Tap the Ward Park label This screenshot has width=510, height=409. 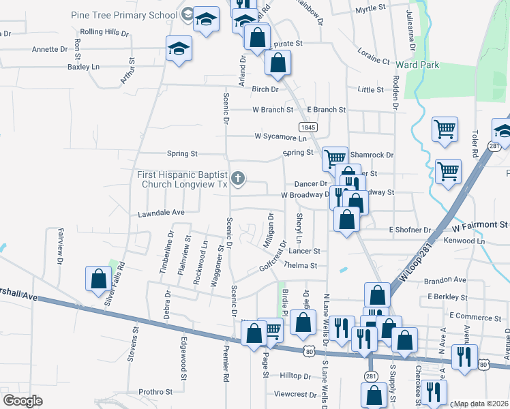417,65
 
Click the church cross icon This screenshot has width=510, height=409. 238,179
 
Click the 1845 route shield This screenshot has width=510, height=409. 307,127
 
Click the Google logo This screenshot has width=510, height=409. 22,400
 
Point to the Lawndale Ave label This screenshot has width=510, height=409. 161,213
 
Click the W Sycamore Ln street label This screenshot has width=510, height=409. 280,138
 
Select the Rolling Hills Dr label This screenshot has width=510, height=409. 104,32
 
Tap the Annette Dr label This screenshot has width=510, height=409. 50,49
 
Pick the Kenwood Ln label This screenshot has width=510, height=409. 463,241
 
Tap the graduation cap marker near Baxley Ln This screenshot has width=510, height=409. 179,48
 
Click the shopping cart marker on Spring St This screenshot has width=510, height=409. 333,159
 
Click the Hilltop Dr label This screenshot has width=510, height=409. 295,376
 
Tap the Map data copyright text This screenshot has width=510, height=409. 481,404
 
